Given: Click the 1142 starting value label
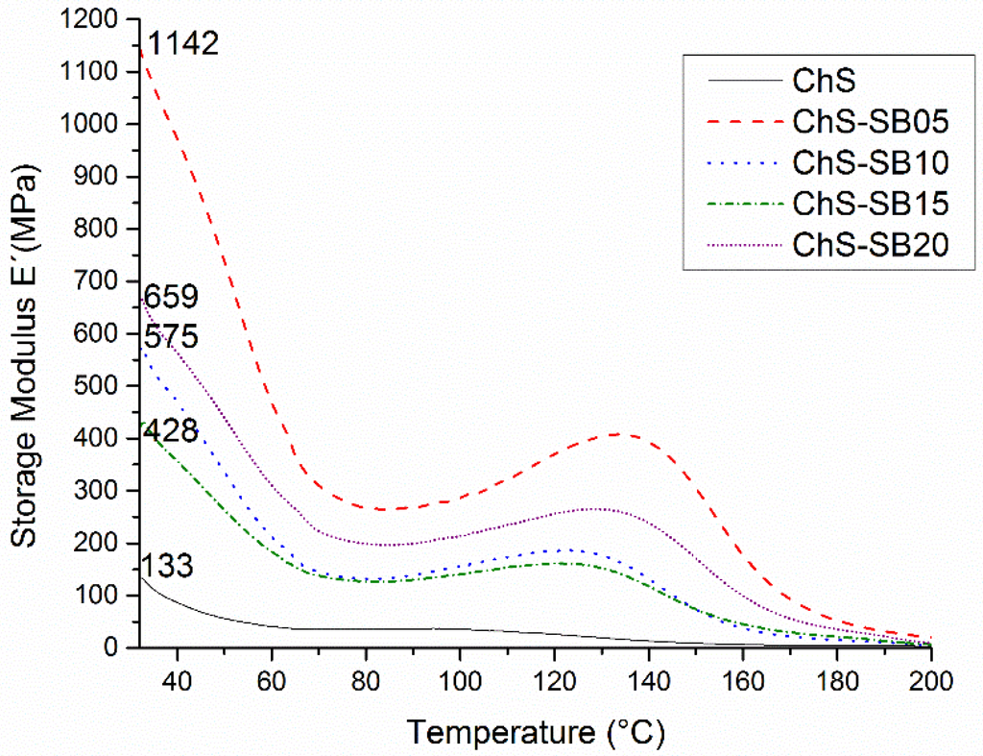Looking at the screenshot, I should (x=183, y=44).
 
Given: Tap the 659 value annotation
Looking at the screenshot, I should (x=171, y=297).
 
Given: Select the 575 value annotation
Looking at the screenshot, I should (x=171, y=337).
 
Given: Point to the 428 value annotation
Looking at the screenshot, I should (x=171, y=431).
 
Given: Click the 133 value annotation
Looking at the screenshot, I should (x=168, y=567).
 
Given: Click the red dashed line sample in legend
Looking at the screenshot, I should (x=737, y=123).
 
